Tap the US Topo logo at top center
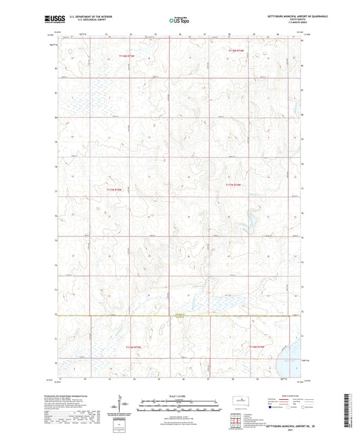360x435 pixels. pyautogui.click(x=178, y=21)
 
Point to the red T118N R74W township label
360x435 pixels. pyautogui.click(x=236, y=50)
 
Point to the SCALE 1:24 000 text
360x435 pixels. pyautogui.click(x=179, y=396)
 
